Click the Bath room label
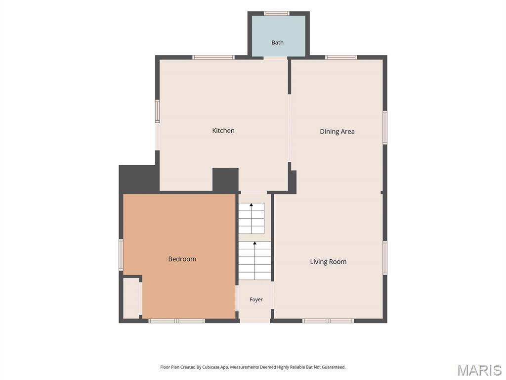tap(277, 43)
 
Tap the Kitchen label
tap(223, 131)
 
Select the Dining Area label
tap(337, 132)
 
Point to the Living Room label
tap(328, 262)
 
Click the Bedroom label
tap(182, 259)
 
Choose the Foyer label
tap(256, 299)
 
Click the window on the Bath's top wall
tap(277, 13)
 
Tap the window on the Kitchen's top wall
tap(213, 57)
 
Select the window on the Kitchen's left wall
tap(157, 111)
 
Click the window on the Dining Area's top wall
tap(341, 57)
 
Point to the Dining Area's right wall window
tap(385, 127)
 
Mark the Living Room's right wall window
tap(385, 258)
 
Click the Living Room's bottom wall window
tap(328, 321)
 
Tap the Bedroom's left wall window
tap(121, 255)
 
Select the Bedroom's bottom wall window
tap(176, 321)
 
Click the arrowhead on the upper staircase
tap(251, 204)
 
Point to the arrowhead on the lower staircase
tap(254, 242)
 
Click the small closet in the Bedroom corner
tap(131, 298)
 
